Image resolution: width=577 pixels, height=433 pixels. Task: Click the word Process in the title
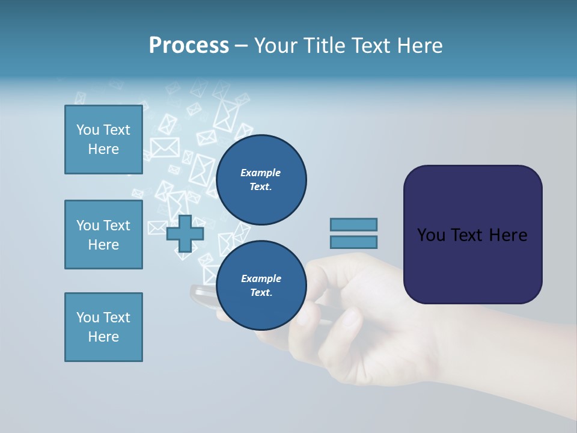pyautogui.click(x=189, y=46)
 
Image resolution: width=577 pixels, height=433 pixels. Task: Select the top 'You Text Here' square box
pyautogui.click(x=103, y=140)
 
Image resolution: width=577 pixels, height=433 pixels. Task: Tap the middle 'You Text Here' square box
pyautogui.click(x=103, y=235)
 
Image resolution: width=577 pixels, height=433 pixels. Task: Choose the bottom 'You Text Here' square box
pyautogui.click(x=103, y=327)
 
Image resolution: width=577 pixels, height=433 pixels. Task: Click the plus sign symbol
pyautogui.click(x=185, y=233)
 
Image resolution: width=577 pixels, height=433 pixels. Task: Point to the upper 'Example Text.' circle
pyautogui.click(x=261, y=180)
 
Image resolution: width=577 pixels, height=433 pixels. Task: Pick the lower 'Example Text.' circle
pyautogui.click(x=261, y=286)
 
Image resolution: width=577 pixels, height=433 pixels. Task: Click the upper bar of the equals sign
pyautogui.click(x=353, y=224)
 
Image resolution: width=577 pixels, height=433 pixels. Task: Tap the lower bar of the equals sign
pyautogui.click(x=353, y=242)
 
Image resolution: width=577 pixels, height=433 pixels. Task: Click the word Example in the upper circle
pyautogui.click(x=260, y=173)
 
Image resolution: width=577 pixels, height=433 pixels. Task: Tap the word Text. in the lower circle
pyautogui.click(x=261, y=293)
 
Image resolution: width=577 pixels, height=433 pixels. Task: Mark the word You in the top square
pyautogui.click(x=88, y=130)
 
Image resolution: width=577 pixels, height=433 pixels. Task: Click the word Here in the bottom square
pyautogui.click(x=103, y=337)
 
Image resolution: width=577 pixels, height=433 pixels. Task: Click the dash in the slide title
pyautogui.click(x=241, y=46)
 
